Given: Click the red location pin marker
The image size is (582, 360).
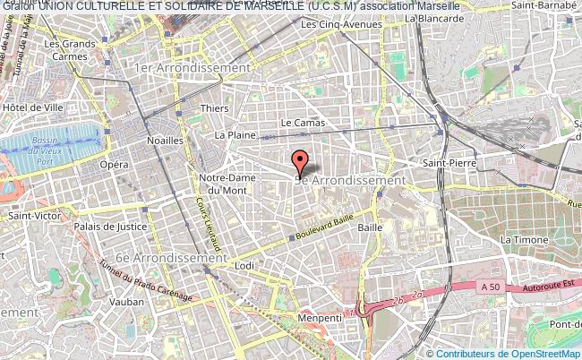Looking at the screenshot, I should [x=301, y=162].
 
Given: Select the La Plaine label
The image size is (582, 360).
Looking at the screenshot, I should [x=235, y=135].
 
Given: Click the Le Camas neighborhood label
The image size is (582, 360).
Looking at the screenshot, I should [x=299, y=122].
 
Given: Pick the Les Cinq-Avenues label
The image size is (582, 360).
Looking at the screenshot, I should [x=341, y=24].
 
